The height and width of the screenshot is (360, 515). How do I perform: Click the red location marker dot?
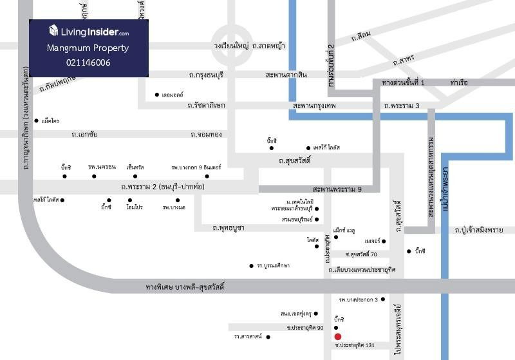coord(337,336)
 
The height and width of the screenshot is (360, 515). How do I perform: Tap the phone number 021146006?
coord(88,62)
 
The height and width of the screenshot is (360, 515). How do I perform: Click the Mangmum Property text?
coord(88,48)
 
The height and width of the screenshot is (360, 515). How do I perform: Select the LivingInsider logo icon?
coord(53,30)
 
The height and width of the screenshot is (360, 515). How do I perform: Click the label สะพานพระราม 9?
coord(337,189)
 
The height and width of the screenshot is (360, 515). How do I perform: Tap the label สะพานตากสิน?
coord(286,75)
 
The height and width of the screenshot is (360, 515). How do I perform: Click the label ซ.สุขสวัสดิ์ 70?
coord(361,255)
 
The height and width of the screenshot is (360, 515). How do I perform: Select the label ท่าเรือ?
coord(458,83)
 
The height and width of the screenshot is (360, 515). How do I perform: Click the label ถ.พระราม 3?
coord(401,105)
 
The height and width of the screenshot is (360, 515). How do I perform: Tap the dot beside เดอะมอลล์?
coord(157,95)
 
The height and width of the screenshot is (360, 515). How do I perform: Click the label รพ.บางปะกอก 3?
coord(359,299)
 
